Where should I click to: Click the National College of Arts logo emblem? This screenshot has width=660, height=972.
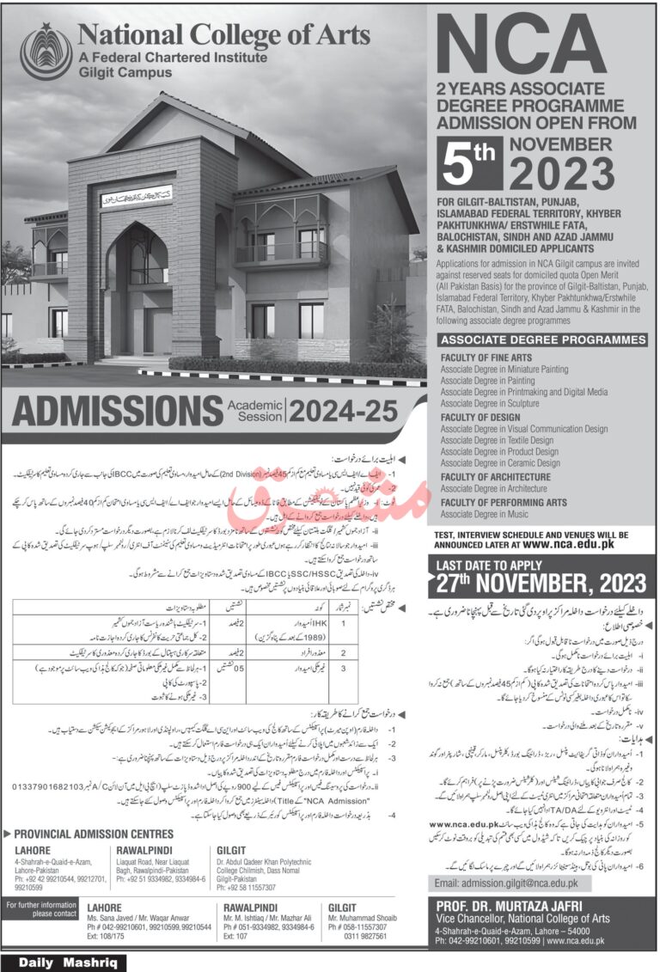coord(46,50)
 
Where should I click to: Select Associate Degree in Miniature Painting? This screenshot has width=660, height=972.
coord(504,369)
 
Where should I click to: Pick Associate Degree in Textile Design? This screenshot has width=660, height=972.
coord(498,440)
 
